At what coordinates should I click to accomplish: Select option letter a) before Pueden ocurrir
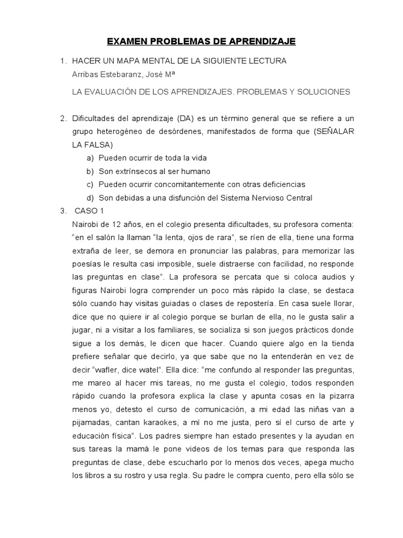click(x=90, y=158)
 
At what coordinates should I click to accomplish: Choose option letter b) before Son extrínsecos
click(x=90, y=172)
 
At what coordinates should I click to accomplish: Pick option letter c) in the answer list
click(x=90, y=185)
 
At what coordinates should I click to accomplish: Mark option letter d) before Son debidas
click(x=90, y=198)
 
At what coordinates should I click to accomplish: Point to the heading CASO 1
click(x=89, y=211)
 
